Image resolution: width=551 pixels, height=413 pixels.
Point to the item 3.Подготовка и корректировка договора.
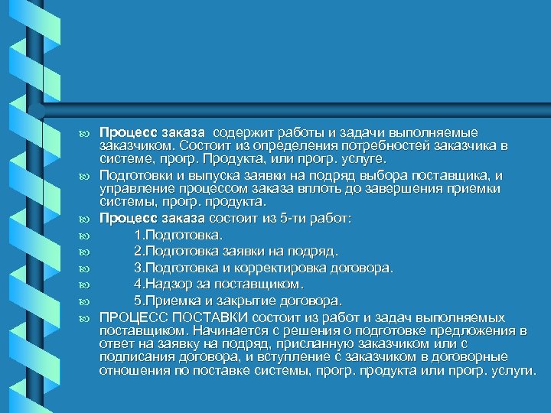(262, 268)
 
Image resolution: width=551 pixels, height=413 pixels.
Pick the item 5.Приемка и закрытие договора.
(238, 301)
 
